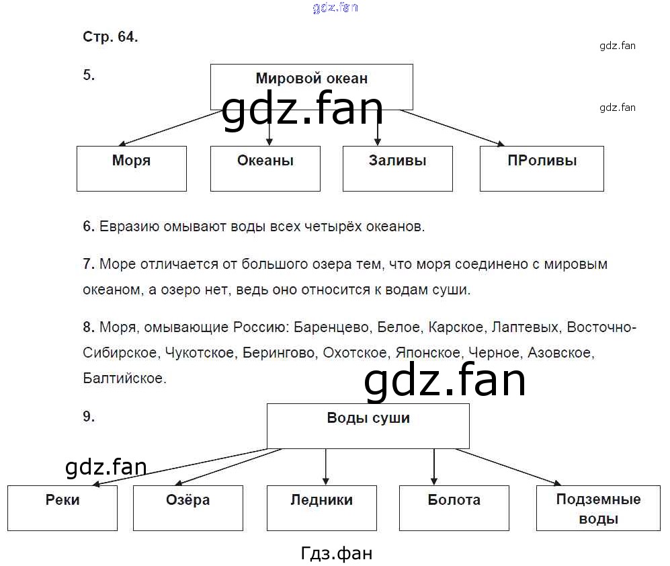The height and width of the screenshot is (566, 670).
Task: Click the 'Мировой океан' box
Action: (311, 86)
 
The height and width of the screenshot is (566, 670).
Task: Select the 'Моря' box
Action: (132, 168)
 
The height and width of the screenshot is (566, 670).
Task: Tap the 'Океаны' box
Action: (265, 168)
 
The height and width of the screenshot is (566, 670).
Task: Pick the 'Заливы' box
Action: (397, 168)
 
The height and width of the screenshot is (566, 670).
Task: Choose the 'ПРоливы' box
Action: (542, 168)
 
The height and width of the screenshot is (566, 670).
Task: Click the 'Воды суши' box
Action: (368, 425)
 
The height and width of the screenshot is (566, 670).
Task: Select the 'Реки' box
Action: (62, 508)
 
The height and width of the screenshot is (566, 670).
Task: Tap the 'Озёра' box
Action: (188, 508)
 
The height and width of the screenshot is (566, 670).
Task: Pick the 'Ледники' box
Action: (322, 508)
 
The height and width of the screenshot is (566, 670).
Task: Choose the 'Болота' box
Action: (454, 508)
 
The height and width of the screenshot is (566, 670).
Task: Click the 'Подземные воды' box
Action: (598, 508)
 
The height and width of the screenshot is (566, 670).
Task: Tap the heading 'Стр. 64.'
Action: (110, 38)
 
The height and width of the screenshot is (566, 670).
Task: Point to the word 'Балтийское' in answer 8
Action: (124, 378)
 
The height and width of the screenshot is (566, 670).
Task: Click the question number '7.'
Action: (89, 264)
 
